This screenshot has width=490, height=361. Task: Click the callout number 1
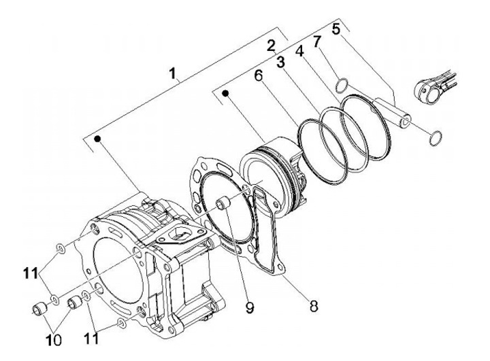pos(175,72)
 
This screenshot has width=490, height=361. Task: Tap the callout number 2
pos(271,46)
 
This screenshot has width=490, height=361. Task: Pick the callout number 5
pos(337,30)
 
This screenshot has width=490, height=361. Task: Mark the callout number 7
pos(318,42)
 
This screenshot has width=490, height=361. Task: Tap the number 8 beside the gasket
pos(312,306)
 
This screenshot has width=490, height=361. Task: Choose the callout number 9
pos(250,307)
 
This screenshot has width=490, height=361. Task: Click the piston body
pos(272,173)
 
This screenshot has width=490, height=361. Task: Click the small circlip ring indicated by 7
pos(344,86)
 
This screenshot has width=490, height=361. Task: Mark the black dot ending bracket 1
pos(99,139)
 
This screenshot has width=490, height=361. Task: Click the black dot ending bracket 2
pos(225,90)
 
